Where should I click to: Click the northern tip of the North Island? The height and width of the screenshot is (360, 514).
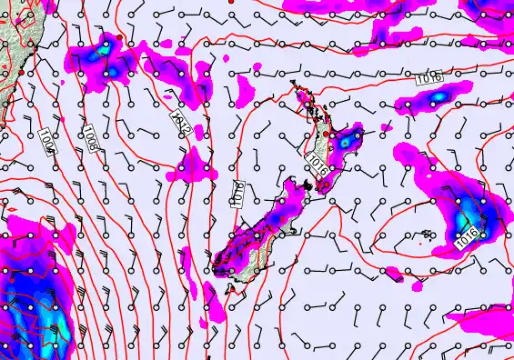294,85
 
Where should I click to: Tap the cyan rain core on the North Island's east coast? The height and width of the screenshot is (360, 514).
346,140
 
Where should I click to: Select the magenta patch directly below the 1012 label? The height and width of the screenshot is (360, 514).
191,163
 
